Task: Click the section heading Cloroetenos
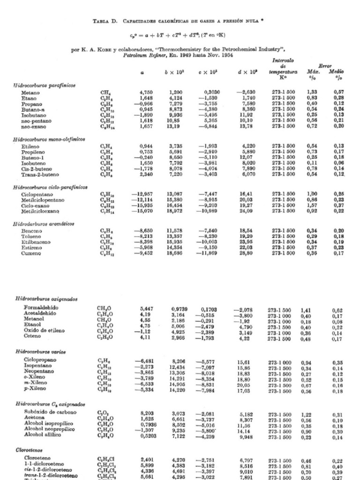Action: pyautogui.click(x=30, y=449)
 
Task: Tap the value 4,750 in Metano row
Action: pyautogui.click(x=147, y=93)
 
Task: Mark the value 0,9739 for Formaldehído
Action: pyautogui.click(x=179, y=308)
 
